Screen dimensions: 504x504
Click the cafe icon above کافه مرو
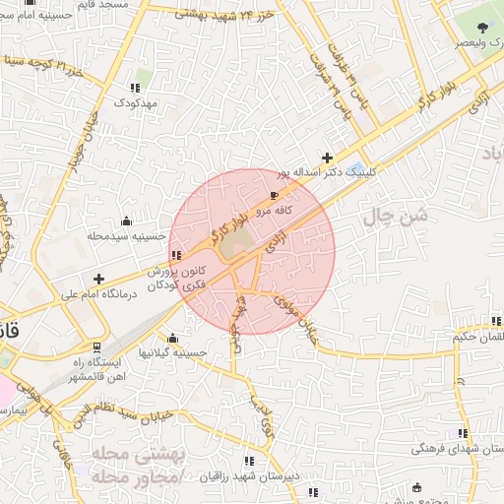pyautogui.click(x=274, y=197)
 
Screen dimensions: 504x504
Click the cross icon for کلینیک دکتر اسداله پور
pyautogui.click(x=327, y=157)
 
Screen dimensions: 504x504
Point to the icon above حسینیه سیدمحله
pyautogui.click(x=126, y=221)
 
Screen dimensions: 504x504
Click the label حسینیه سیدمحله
pyautogui.click(x=122, y=236)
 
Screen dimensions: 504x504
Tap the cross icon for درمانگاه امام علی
pyautogui.click(x=98, y=279)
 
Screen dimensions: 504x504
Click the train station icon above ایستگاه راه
pyautogui.click(x=96, y=347)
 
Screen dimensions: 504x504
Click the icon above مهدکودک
pyautogui.click(x=134, y=89)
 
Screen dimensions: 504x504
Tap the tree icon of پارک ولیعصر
pyautogui.click(x=482, y=30)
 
